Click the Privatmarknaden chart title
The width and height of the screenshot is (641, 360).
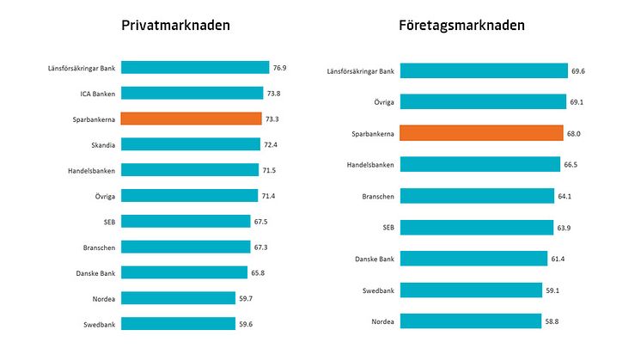point(175,26)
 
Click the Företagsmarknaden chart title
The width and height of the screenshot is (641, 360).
point(461,26)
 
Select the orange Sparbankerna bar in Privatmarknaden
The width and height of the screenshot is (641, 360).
point(191,119)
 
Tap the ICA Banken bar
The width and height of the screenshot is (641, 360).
point(192,93)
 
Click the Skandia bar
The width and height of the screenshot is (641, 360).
point(190,144)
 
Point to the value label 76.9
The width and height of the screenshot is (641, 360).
point(281,68)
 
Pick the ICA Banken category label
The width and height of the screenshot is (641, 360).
point(96,93)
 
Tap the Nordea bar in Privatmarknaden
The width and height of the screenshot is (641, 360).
point(178,298)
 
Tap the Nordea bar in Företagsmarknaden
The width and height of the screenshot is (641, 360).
point(471,321)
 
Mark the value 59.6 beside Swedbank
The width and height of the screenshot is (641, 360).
point(247,324)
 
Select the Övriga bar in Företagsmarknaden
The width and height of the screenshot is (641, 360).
point(484,102)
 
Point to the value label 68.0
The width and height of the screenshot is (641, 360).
point(575,133)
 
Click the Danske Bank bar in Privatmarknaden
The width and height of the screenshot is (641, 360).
point(184,272)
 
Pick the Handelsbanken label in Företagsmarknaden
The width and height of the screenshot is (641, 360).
point(369,165)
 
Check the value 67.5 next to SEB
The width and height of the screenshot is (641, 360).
point(262,222)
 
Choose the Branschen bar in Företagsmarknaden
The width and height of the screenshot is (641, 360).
point(477,196)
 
